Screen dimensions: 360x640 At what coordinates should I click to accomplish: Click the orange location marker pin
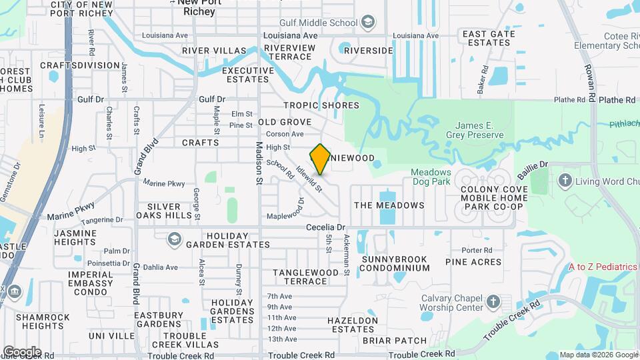[x=321, y=159]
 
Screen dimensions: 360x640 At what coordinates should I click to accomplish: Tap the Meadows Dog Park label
[x=430, y=176]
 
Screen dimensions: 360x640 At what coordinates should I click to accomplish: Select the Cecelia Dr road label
[x=326, y=227]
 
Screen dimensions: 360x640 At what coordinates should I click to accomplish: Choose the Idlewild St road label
[x=311, y=179]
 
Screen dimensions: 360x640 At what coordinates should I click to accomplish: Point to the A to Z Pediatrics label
[x=603, y=267]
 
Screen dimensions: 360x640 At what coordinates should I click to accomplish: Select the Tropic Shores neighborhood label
[x=321, y=105]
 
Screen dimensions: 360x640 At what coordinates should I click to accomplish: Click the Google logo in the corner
[x=22, y=351]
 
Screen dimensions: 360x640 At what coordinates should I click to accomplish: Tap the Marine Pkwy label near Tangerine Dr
[x=71, y=210]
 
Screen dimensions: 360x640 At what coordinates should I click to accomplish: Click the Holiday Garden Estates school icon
[x=174, y=239]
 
